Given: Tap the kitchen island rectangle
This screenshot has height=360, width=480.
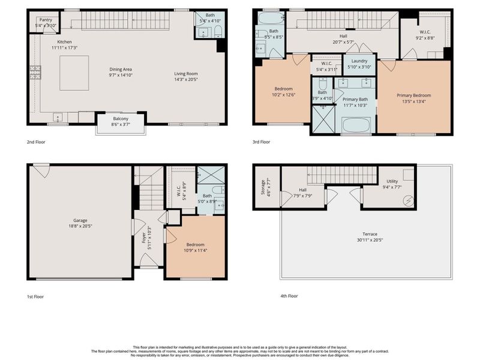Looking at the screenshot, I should [74, 73].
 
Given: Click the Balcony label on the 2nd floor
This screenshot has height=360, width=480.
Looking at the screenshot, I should [121, 118].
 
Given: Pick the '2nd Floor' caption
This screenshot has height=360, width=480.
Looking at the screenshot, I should [37, 142].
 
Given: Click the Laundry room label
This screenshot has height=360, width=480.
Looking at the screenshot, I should [359, 61].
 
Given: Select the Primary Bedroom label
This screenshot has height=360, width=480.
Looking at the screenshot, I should [413, 95].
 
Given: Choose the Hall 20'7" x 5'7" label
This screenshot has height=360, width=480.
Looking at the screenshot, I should [343, 35].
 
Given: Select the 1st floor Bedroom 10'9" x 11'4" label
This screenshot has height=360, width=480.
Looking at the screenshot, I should [195, 245].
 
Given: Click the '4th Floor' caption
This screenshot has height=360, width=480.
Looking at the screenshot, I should [290, 295].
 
